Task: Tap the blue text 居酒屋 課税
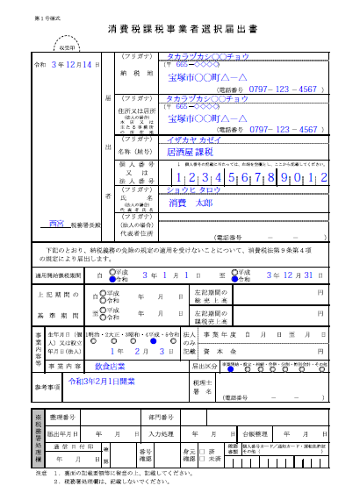191,151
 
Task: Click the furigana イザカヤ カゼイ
194,139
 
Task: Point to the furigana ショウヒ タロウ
194,189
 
